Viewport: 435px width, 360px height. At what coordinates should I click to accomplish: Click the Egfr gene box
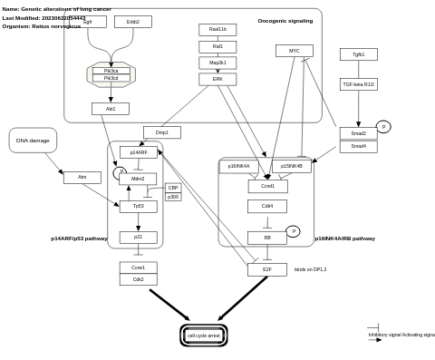tap(88, 22)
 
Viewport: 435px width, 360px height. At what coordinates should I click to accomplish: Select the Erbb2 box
tap(133, 22)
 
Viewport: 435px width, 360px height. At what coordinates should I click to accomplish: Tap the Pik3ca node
tap(111, 70)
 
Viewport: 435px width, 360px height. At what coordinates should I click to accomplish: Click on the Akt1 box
tap(111, 109)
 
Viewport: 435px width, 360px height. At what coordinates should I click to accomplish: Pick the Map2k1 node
tap(217, 63)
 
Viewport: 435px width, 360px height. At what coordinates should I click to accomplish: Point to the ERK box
tap(217, 79)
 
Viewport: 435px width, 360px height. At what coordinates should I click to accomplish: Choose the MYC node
tap(295, 51)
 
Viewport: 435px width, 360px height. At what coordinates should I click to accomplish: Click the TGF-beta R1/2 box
tap(359, 84)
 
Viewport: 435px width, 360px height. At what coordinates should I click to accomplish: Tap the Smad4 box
tap(359, 146)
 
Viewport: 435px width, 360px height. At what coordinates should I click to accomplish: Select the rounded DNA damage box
tap(33, 141)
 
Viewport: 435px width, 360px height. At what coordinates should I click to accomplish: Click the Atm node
tap(82, 178)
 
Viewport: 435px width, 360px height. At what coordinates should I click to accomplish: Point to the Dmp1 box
tap(162, 132)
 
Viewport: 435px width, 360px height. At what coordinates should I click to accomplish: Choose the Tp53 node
tap(138, 206)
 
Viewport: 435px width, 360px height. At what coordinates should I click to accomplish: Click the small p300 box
tap(173, 197)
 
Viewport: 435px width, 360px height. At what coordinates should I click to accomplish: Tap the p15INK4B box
tap(292, 166)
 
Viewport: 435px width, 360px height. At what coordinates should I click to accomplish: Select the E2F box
tap(267, 269)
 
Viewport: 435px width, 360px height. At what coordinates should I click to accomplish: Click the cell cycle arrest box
tap(204, 336)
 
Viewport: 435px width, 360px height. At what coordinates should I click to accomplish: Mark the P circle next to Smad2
tap(383, 127)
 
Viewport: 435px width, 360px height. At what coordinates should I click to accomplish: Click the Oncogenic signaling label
tap(285, 21)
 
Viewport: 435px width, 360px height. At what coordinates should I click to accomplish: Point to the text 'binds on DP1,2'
tap(310, 269)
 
